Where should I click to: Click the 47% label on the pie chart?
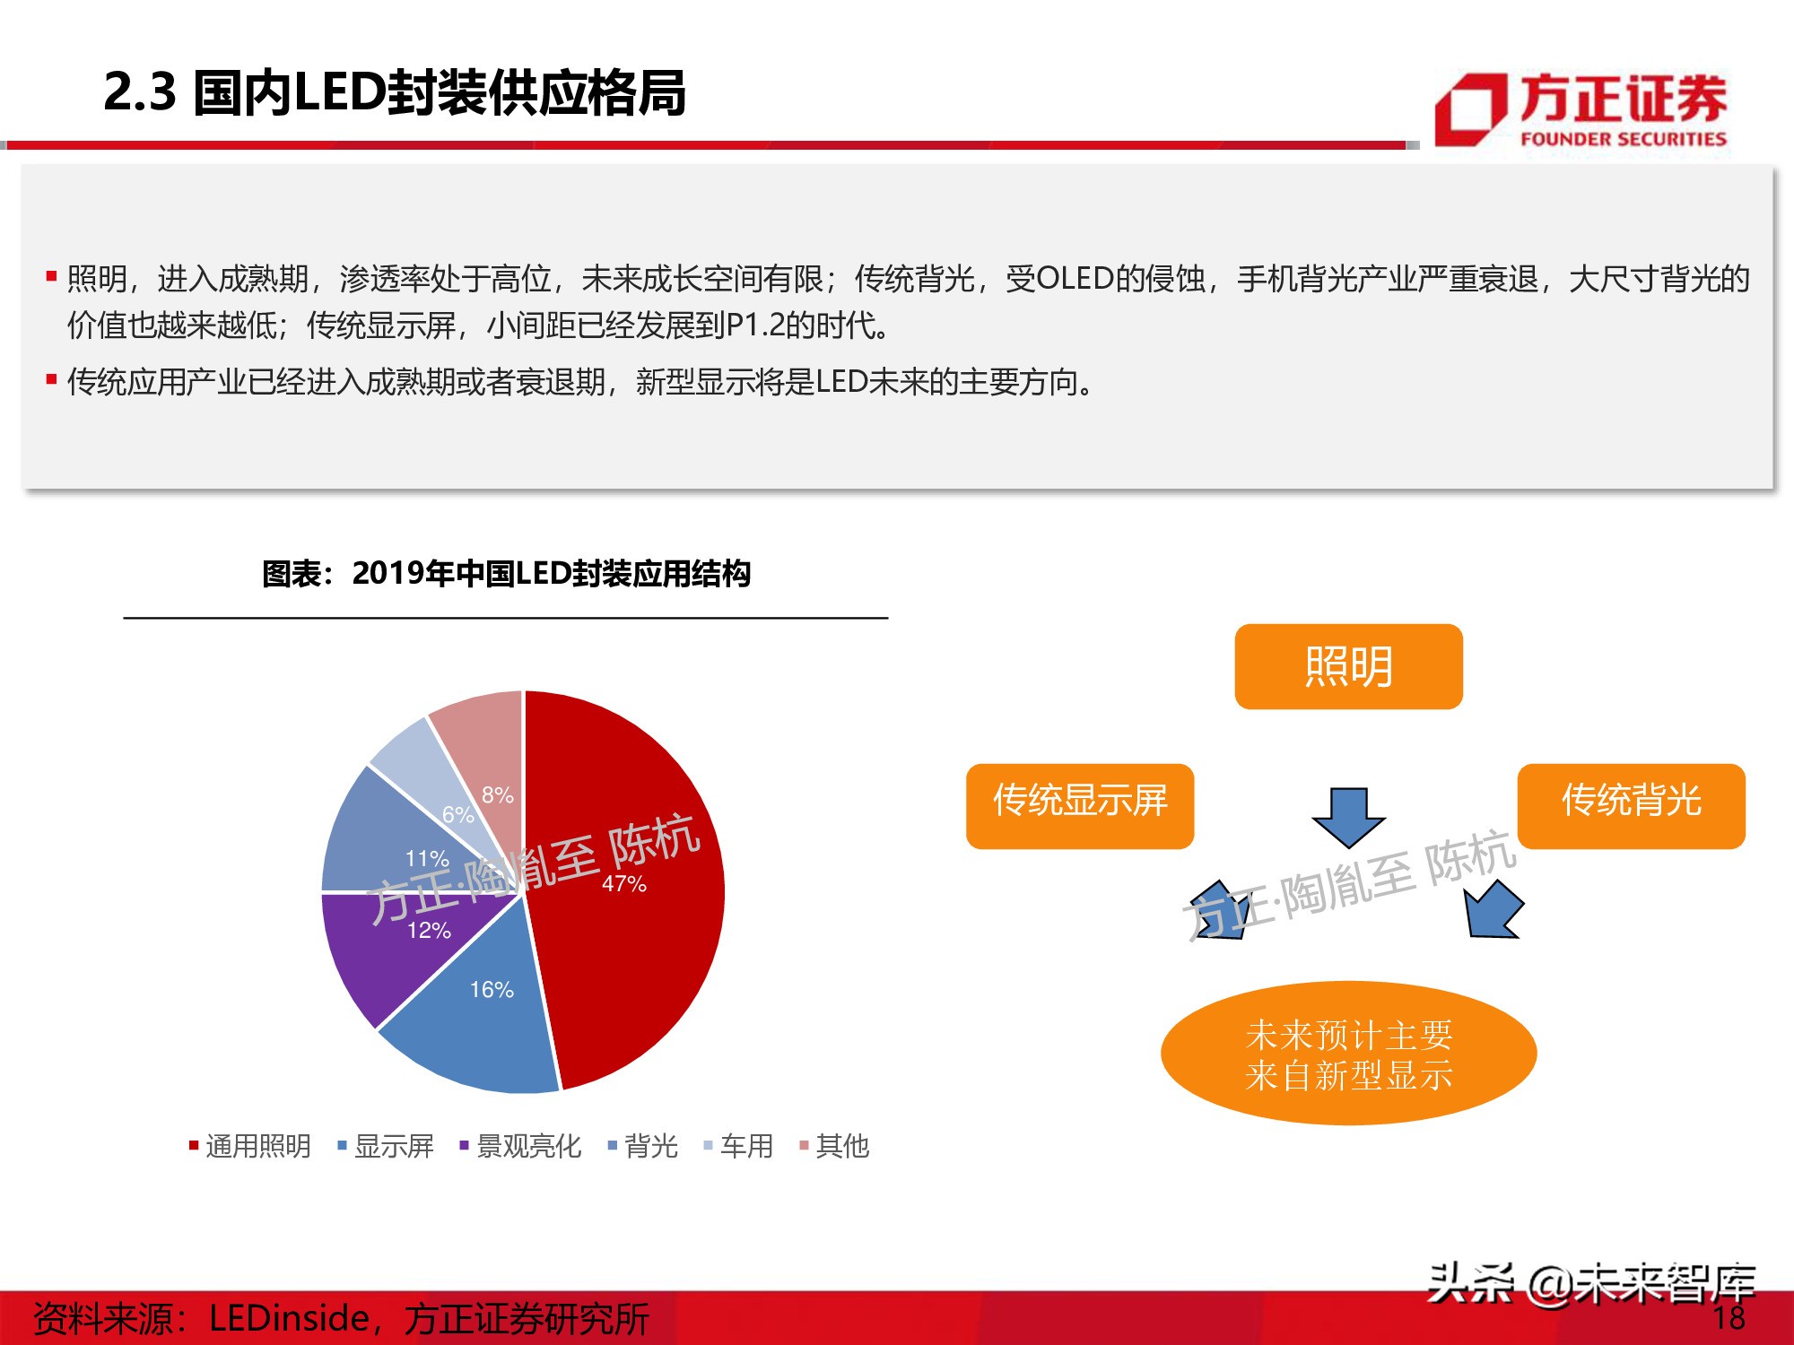[x=624, y=883]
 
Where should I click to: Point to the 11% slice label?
[x=427, y=858]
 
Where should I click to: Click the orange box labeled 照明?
[x=1348, y=666]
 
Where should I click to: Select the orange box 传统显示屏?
[x=1080, y=805]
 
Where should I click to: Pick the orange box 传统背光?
[x=1631, y=805]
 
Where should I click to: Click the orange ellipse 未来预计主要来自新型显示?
[x=1348, y=1054]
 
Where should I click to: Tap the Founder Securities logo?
[x=1581, y=110]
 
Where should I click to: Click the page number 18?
[x=1729, y=1317]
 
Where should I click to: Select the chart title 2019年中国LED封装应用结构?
[x=506, y=574]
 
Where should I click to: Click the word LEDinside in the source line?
[x=289, y=1318]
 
